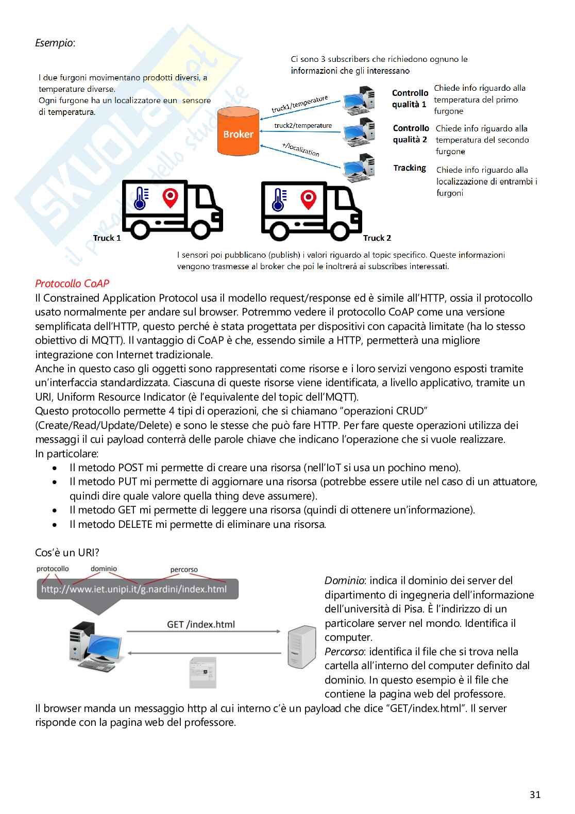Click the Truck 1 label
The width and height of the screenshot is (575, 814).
point(107,238)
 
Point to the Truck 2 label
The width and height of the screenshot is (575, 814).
point(377,238)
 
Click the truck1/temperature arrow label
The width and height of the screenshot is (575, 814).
point(300,104)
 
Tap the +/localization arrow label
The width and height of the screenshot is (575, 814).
point(301,149)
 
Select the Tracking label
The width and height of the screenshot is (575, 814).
point(410,168)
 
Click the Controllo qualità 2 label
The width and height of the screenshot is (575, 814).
point(411,134)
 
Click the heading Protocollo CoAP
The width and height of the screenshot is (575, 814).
point(72,284)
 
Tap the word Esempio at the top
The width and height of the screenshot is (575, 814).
point(55,43)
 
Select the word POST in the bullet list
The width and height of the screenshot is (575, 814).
point(131,468)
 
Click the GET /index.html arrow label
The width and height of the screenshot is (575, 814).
point(201,624)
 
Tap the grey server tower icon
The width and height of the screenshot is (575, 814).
point(301,647)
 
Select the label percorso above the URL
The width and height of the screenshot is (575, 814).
point(184,570)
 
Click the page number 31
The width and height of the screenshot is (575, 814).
point(535,794)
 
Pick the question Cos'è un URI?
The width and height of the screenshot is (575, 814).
point(67,553)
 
